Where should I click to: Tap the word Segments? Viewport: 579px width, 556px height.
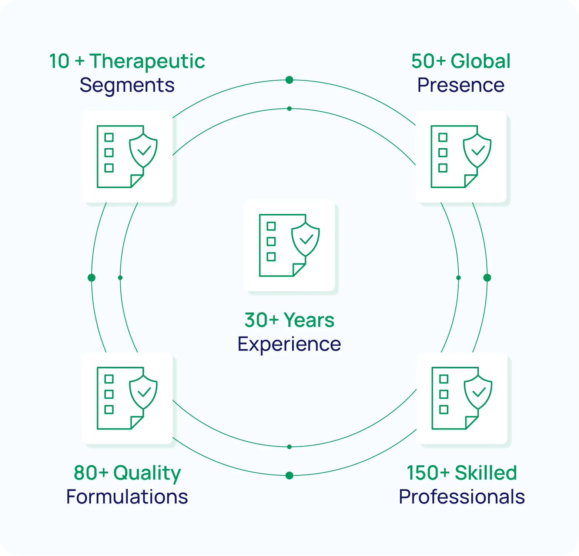tap(127, 86)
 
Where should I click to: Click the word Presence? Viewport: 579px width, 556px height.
tap(461, 85)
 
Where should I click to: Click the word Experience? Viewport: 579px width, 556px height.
tap(289, 345)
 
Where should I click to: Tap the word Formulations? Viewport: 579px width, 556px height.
tap(127, 497)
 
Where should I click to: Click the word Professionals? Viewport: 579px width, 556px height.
tap(462, 497)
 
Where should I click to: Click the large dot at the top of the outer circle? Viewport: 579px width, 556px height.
tap(289, 80)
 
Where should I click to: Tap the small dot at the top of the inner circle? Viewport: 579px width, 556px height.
tap(289, 108)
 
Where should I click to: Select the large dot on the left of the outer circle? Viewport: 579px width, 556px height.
tap(91, 278)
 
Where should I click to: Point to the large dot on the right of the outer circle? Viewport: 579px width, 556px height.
tap(487, 278)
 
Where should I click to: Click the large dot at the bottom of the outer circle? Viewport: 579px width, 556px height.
tap(289, 475)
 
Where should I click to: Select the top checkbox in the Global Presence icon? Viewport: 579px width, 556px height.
tap(443, 137)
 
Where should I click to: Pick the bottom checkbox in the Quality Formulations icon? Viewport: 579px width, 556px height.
tap(109, 409)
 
